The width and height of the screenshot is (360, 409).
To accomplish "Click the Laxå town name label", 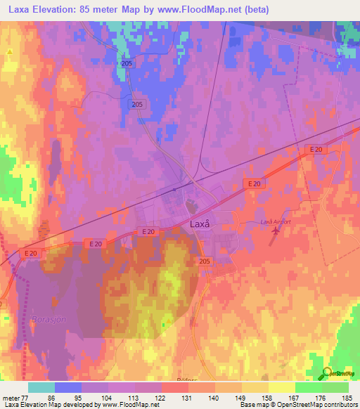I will [x=200, y=224].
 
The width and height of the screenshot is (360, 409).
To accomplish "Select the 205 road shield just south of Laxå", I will [x=203, y=261].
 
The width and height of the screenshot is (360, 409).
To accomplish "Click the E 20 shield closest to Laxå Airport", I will [x=255, y=183].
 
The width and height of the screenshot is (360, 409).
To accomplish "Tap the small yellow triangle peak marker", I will [x=10, y=51].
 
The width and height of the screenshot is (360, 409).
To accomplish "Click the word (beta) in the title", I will [x=280, y=9].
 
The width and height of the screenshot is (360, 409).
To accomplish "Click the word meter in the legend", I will [x=11, y=397].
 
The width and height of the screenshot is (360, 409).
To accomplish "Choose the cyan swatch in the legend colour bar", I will [x=41, y=387].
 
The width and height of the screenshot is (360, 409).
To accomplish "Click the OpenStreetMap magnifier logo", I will [x=328, y=372].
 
